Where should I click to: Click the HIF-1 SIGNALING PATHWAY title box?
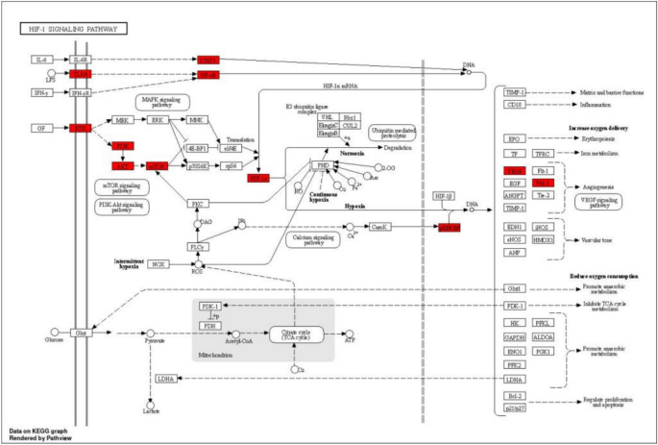point(63,30)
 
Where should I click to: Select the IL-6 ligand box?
point(41,60)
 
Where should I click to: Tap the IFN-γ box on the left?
point(41,93)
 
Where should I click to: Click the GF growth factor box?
point(41,127)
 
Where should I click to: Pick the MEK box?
point(122,120)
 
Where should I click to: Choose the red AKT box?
point(122,165)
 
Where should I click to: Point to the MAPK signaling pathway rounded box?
point(162,101)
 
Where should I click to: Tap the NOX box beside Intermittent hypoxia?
point(158,263)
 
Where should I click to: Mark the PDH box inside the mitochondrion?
point(209,324)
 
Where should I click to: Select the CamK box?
point(381,228)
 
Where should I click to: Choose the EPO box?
point(515,138)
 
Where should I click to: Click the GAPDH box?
point(515,337)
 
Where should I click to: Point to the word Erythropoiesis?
point(596,138)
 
